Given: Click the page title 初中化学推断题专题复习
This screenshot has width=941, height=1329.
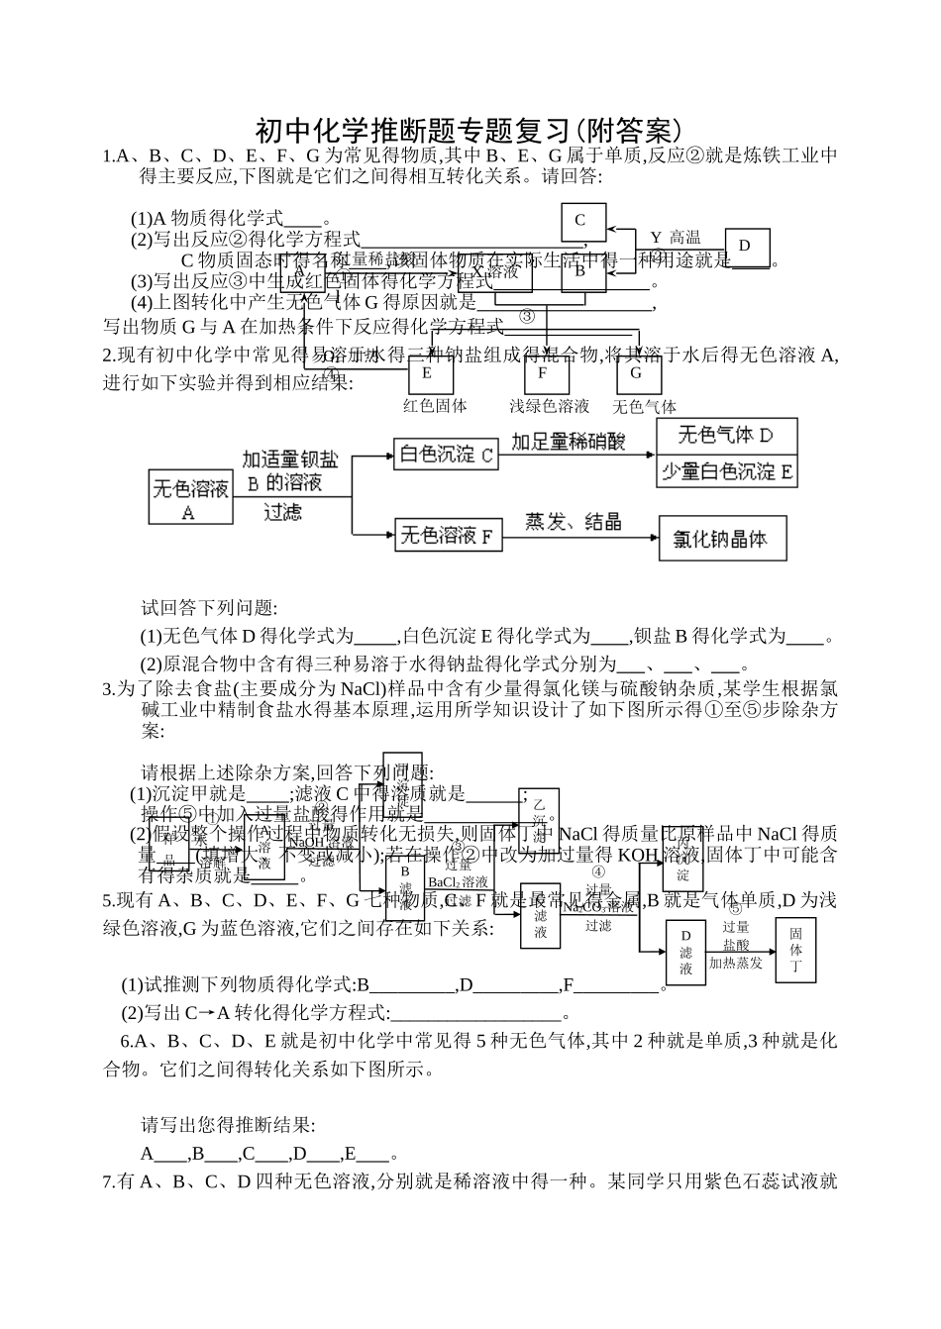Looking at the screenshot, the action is (470, 130).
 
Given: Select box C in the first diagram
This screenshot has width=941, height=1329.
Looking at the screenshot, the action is (580, 221).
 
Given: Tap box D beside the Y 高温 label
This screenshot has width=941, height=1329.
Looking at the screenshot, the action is (745, 246).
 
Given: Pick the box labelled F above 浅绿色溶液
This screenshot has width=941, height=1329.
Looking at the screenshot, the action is (542, 373).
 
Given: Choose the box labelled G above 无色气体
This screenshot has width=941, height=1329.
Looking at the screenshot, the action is (636, 373).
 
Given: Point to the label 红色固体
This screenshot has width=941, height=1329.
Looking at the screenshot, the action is (435, 405).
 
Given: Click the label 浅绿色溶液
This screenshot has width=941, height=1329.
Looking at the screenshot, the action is (549, 405).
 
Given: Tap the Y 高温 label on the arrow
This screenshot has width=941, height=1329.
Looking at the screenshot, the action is (676, 238).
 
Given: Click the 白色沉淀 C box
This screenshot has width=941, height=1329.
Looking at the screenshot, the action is (447, 456).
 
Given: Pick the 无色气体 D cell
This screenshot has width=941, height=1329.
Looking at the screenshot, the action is (727, 436).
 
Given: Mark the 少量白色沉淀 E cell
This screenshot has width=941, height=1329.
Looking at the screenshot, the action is (727, 471).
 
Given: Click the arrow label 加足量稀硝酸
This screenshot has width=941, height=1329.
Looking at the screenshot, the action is (569, 442).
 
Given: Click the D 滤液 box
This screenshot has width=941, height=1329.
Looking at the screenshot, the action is (685, 952).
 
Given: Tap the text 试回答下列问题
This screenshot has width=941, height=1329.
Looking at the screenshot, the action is (209, 607).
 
